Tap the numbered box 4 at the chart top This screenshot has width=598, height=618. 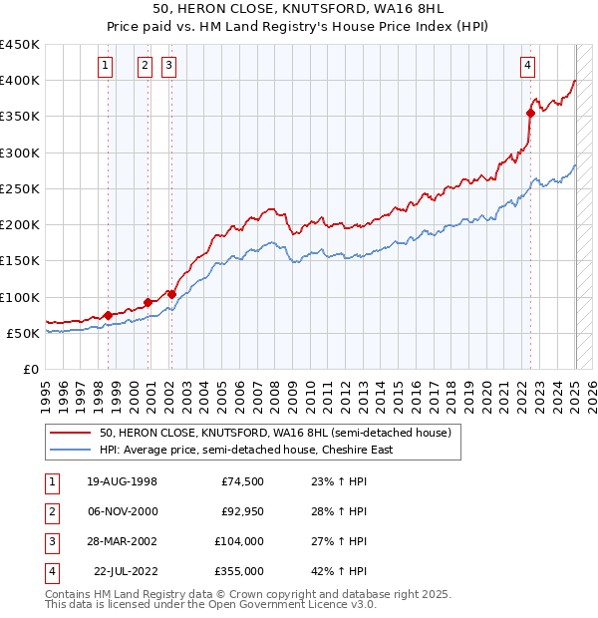click(527, 67)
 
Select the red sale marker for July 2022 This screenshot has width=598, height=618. click(530, 113)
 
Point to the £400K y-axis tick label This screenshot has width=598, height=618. click(20, 81)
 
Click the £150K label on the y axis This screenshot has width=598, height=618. click(20, 261)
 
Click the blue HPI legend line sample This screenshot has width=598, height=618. click(71, 450)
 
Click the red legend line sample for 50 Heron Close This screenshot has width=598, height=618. click(71, 433)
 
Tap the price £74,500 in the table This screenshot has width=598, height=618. click(241, 481)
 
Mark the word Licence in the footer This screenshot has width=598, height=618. click(308, 604)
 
